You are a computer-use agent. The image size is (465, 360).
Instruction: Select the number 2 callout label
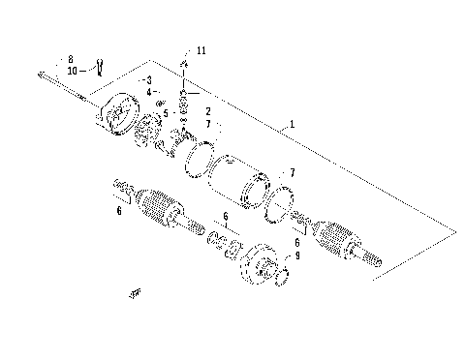[x=207, y=112]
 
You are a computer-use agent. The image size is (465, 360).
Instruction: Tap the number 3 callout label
[x=148, y=79]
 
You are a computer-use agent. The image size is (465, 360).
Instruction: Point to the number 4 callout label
[x=150, y=92]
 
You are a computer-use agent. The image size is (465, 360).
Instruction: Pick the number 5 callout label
[x=165, y=112]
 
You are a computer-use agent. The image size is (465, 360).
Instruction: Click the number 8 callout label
[x=72, y=59]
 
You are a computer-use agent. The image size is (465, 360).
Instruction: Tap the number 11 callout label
[x=201, y=49]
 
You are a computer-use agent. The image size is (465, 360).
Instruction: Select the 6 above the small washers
[x=225, y=218]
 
